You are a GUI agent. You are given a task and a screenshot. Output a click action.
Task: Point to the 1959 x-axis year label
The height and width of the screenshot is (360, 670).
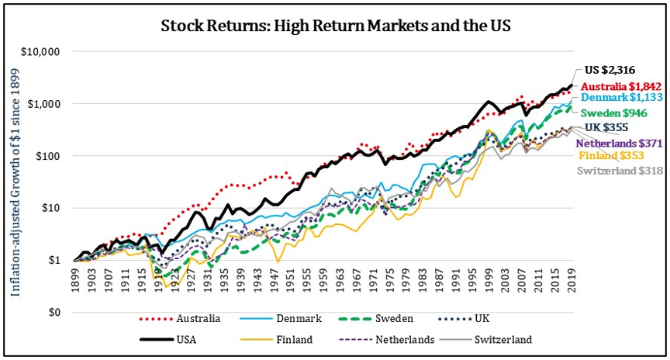[x=323, y=281]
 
